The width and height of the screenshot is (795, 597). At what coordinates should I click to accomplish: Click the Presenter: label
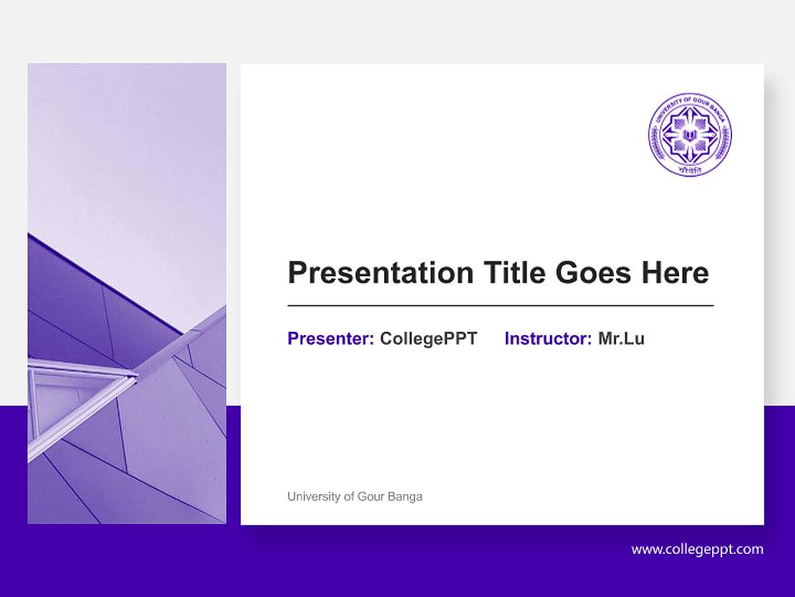[330, 338]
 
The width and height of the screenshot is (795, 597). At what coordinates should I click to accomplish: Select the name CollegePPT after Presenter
[428, 338]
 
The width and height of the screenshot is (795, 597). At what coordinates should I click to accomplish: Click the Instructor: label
[547, 338]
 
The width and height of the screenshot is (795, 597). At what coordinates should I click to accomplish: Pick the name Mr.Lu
[621, 338]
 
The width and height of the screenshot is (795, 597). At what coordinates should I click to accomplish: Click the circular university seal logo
[689, 134]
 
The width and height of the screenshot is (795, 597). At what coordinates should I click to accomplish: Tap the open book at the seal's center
[689, 132]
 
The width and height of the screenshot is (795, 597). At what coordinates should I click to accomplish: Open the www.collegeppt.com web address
[697, 549]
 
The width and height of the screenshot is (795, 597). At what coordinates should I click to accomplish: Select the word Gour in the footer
[370, 497]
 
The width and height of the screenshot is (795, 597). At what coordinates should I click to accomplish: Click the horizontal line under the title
[500, 306]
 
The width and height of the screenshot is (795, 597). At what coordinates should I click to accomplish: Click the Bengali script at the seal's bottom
[689, 168]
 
